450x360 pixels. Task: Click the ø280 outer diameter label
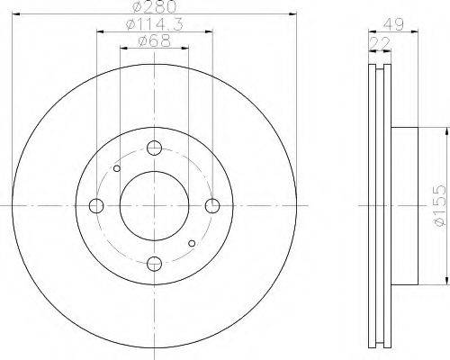155,6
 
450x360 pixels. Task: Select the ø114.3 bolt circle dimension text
155,24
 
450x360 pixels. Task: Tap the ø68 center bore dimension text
155,40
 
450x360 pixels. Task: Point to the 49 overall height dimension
394,24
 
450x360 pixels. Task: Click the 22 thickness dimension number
380,43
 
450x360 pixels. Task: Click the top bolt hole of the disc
155,148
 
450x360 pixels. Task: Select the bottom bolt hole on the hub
155,264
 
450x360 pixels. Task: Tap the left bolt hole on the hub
96,206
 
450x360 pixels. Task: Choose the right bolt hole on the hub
212,206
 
